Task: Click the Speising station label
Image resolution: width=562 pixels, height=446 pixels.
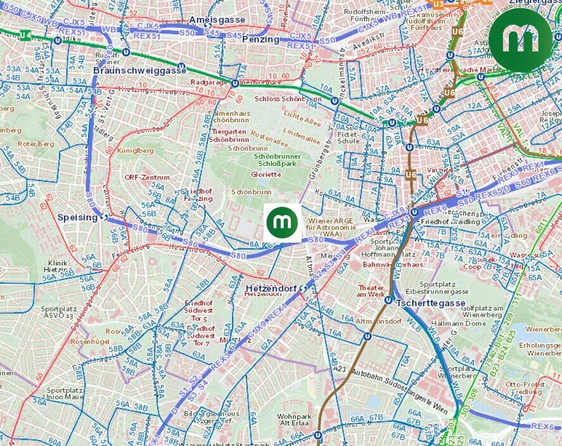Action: [77, 217]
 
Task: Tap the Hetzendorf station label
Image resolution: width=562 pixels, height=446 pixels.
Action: [271, 289]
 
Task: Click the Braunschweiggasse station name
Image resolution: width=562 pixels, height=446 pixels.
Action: [139, 70]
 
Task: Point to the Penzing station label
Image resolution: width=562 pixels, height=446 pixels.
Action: [260, 39]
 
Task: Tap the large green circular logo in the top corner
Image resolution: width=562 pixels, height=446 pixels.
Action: [520, 40]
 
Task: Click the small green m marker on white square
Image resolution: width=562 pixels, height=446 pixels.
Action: [283, 222]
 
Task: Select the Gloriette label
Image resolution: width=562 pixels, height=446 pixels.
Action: [265, 174]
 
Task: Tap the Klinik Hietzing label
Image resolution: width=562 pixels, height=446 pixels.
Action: [58, 266]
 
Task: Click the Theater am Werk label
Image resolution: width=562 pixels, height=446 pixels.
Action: [371, 290]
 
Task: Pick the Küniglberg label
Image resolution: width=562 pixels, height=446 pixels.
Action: [135, 151]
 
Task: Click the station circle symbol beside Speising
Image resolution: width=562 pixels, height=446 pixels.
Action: [103, 217]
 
